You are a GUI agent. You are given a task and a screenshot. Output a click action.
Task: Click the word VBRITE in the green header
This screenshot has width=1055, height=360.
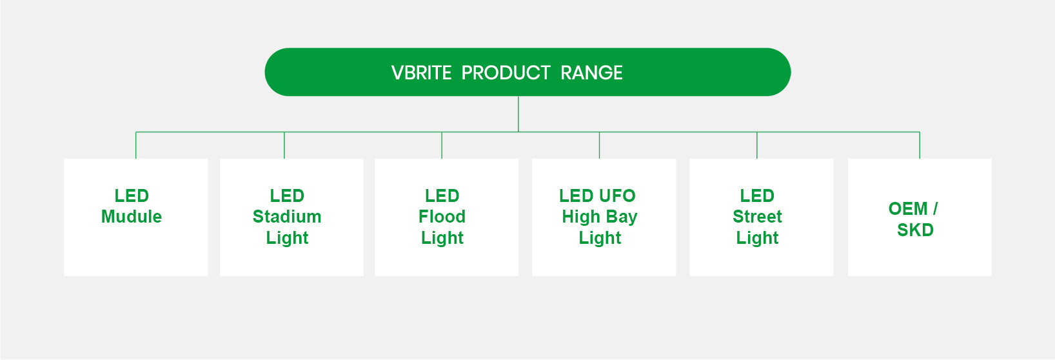421,73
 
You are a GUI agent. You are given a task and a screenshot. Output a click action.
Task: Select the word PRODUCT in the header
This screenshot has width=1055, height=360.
506,73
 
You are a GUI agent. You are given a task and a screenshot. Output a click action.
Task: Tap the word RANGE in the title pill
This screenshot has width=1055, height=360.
591,73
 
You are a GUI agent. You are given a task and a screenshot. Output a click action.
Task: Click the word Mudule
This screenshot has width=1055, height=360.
132,217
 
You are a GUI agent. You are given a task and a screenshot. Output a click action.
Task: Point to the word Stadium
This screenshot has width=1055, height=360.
287,217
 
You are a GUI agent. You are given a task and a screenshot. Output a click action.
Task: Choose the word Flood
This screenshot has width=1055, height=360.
442,217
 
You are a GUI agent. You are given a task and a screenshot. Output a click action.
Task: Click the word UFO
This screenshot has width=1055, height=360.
616,195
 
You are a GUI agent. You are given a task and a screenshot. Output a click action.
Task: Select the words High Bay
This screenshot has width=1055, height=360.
600,217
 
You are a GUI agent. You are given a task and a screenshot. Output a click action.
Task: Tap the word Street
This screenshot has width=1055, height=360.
757,217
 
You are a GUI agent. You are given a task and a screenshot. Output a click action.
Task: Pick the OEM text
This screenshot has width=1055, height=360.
908,209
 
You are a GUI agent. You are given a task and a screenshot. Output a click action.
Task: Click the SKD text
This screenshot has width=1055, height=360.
915,230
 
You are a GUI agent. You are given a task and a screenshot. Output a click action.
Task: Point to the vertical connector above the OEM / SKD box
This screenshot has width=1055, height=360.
920,145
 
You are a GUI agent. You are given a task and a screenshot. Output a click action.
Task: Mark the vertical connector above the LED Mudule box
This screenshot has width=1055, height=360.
136,145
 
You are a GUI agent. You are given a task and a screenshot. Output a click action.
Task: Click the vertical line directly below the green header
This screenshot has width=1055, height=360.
518,114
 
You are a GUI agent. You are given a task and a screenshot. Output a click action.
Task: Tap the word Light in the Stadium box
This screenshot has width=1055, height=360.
287,238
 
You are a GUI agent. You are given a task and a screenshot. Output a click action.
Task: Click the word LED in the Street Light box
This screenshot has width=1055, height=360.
757,195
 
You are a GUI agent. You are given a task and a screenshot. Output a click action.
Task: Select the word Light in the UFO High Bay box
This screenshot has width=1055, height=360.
600,238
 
